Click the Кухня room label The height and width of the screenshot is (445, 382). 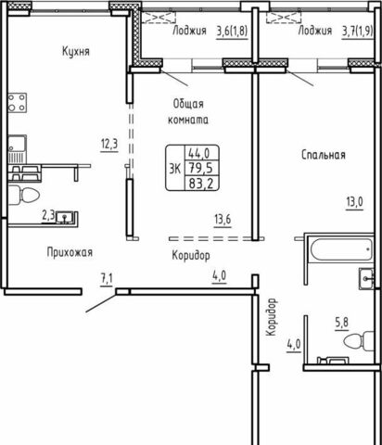click(76, 51)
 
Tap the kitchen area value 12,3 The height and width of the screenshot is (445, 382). click(109, 144)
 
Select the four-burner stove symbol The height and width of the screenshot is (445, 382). click(17, 103)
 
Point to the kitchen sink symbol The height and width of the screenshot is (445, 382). click(17, 149)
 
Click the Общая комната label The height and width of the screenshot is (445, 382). click(188, 112)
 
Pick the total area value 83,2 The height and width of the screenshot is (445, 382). click(201, 184)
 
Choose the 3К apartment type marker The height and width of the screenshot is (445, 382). click(175, 169)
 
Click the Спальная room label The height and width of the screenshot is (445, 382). click(324, 155)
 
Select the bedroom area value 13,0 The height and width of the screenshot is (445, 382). click(354, 203)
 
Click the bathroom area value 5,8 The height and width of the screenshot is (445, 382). click(341, 323)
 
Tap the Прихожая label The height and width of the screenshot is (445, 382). click(70, 252)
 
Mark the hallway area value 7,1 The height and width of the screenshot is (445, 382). click(107, 280)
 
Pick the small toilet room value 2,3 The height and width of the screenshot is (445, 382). click(48, 216)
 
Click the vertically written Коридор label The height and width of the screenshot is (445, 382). click(271, 317)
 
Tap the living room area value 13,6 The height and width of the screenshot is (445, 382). click(223, 220)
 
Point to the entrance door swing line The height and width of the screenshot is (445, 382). click(101, 303)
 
